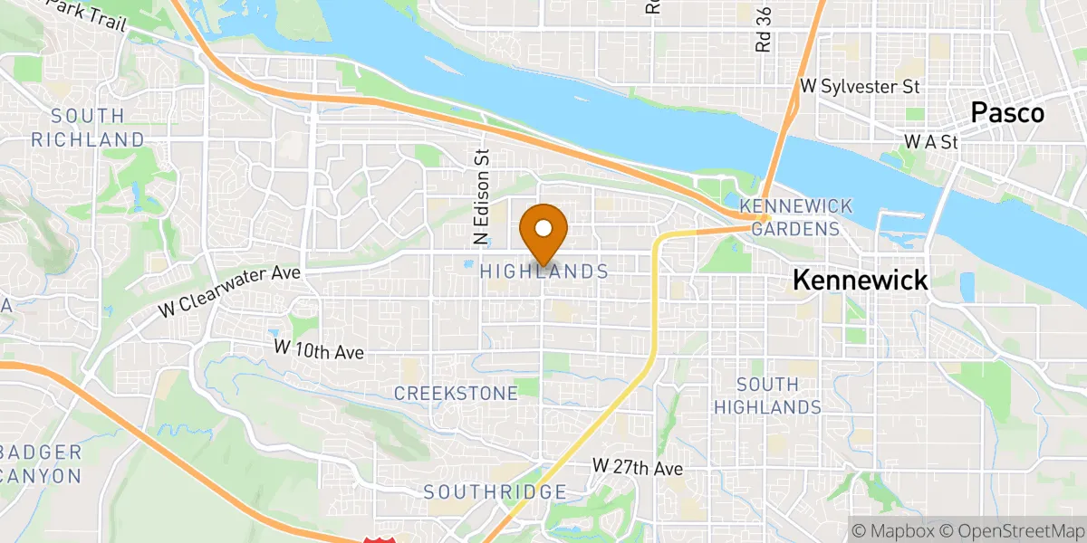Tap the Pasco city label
[x=1007, y=113]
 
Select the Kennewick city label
[x=860, y=280]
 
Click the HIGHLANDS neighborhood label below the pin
[x=543, y=271]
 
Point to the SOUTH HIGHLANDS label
[x=767, y=395]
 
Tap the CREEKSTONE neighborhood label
[x=456, y=393]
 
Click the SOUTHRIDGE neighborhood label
[x=495, y=492]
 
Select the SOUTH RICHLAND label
[x=88, y=128]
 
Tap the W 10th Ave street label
[x=319, y=349]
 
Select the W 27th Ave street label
[x=638, y=467]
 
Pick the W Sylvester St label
[x=861, y=87]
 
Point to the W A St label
[x=930, y=142]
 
